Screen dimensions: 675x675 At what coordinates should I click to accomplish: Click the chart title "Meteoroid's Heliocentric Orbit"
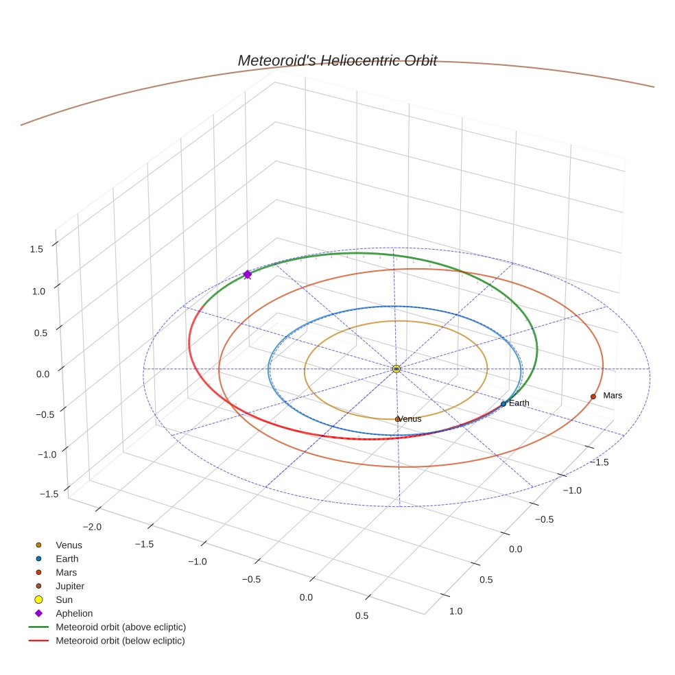click(337, 60)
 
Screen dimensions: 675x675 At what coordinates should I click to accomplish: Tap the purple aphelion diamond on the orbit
click(248, 274)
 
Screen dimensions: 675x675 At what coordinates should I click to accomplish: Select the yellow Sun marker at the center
click(396, 369)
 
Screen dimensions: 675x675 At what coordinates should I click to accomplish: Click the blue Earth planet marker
click(504, 404)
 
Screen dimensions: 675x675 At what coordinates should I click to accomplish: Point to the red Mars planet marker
click(593, 396)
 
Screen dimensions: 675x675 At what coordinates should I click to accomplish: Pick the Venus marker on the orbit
click(397, 418)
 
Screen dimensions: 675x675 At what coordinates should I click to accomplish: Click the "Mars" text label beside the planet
click(613, 396)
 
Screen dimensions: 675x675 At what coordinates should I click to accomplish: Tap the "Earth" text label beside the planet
click(519, 403)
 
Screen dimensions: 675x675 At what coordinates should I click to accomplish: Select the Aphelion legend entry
click(73, 613)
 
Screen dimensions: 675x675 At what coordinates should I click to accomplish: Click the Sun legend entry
click(64, 600)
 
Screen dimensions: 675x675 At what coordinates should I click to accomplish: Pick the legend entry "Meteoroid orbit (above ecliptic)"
click(120, 627)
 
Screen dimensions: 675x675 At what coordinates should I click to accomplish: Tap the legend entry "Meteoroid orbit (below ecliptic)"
click(120, 641)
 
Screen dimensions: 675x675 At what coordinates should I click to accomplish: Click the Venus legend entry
click(69, 545)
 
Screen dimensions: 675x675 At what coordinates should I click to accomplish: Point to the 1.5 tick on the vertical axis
click(36, 249)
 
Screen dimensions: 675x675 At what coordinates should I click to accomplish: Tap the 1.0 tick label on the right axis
click(455, 611)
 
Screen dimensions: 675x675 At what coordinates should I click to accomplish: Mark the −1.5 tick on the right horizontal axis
click(601, 462)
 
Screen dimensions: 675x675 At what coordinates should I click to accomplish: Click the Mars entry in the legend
click(66, 572)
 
